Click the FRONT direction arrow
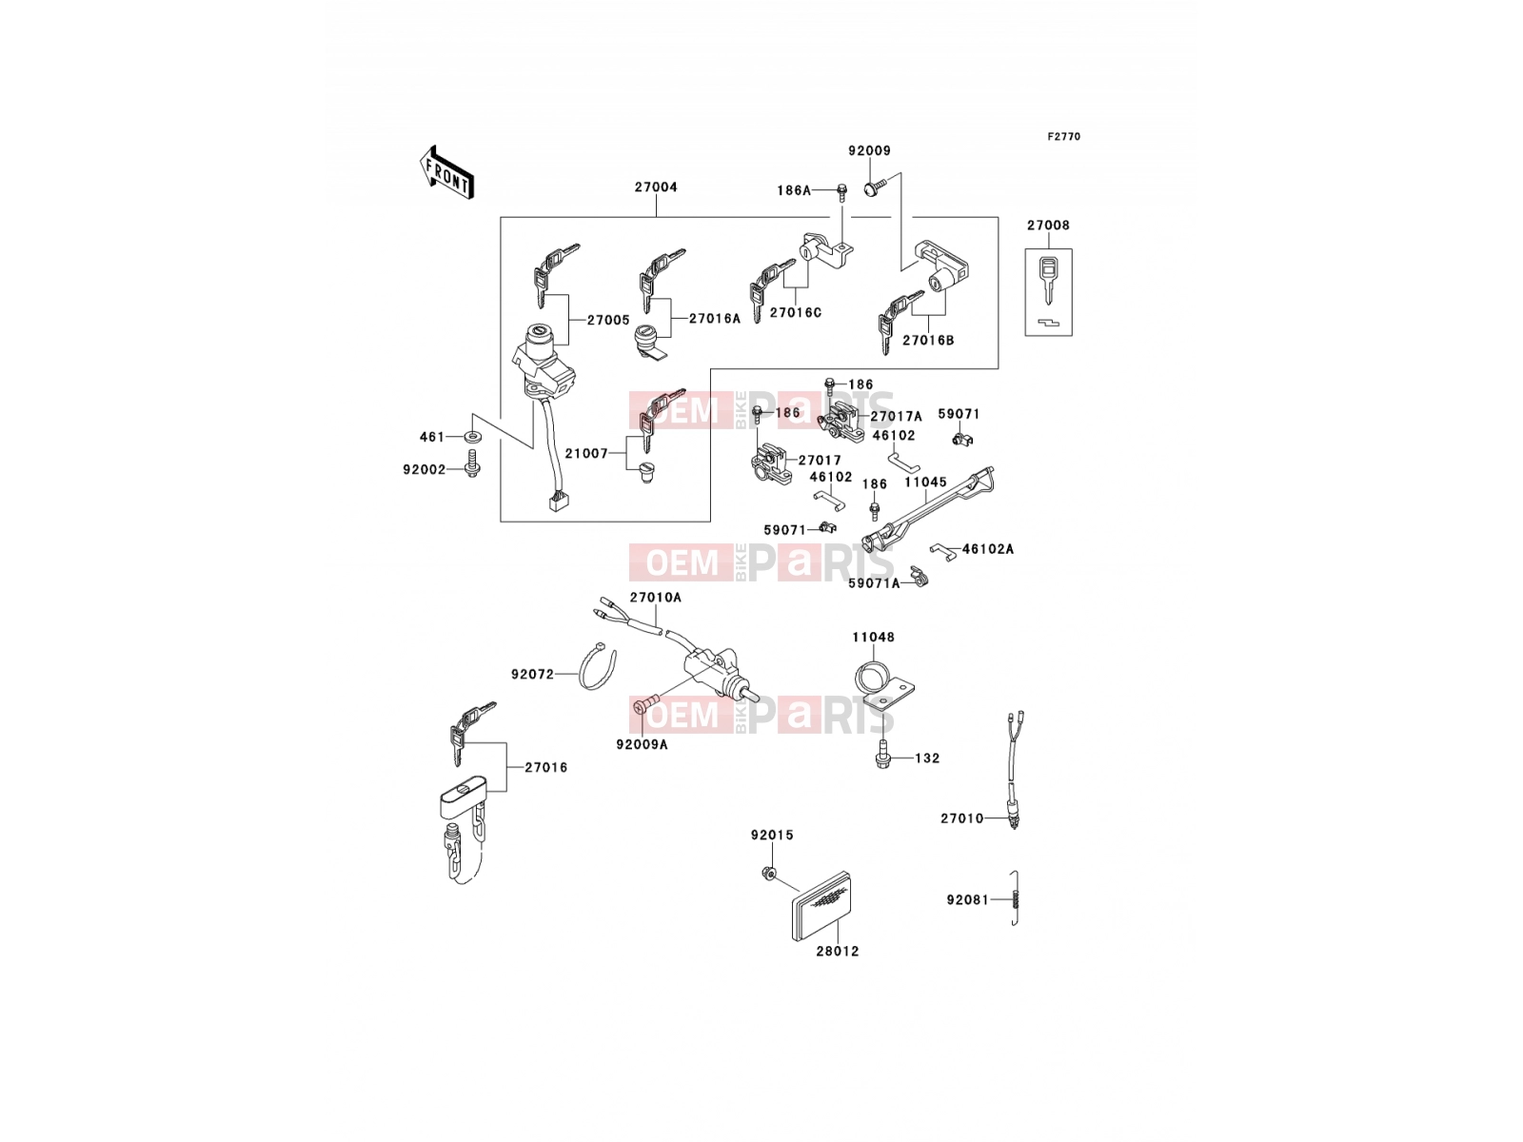tap(446, 173)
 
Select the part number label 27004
tap(656, 187)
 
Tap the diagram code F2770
tap(1063, 137)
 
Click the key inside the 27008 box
tap(1048, 280)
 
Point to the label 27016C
tap(795, 313)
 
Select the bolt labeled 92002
tap(472, 463)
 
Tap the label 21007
tap(586, 454)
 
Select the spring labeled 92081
tap(1015, 898)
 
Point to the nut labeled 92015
tap(768, 875)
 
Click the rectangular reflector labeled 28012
tap(822, 906)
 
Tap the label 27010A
tap(656, 597)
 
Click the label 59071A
tap(874, 583)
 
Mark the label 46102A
tap(988, 549)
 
